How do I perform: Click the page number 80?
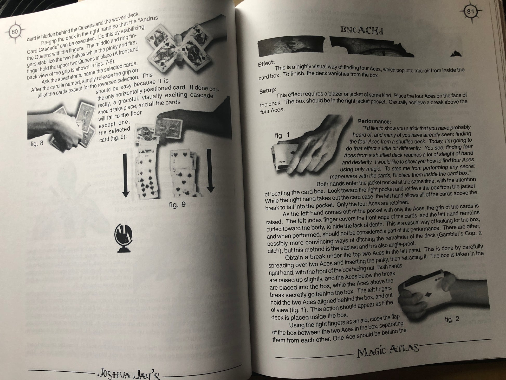click(x=15, y=32)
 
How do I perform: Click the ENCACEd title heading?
click(x=362, y=31)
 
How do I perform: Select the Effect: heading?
click(x=266, y=63)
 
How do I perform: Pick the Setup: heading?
click(x=268, y=91)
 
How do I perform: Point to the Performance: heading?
click(x=374, y=121)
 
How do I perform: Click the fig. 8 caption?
click(x=37, y=143)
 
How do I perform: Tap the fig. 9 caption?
click(x=177, y=205)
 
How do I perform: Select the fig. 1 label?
click(x=282, y=135)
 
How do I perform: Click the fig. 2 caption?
click(x=452, y=319)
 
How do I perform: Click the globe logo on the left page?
click(x=123, y=238)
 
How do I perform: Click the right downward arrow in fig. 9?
click(x=211, y=171)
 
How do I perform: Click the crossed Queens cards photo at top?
click(x=182, y=46)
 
